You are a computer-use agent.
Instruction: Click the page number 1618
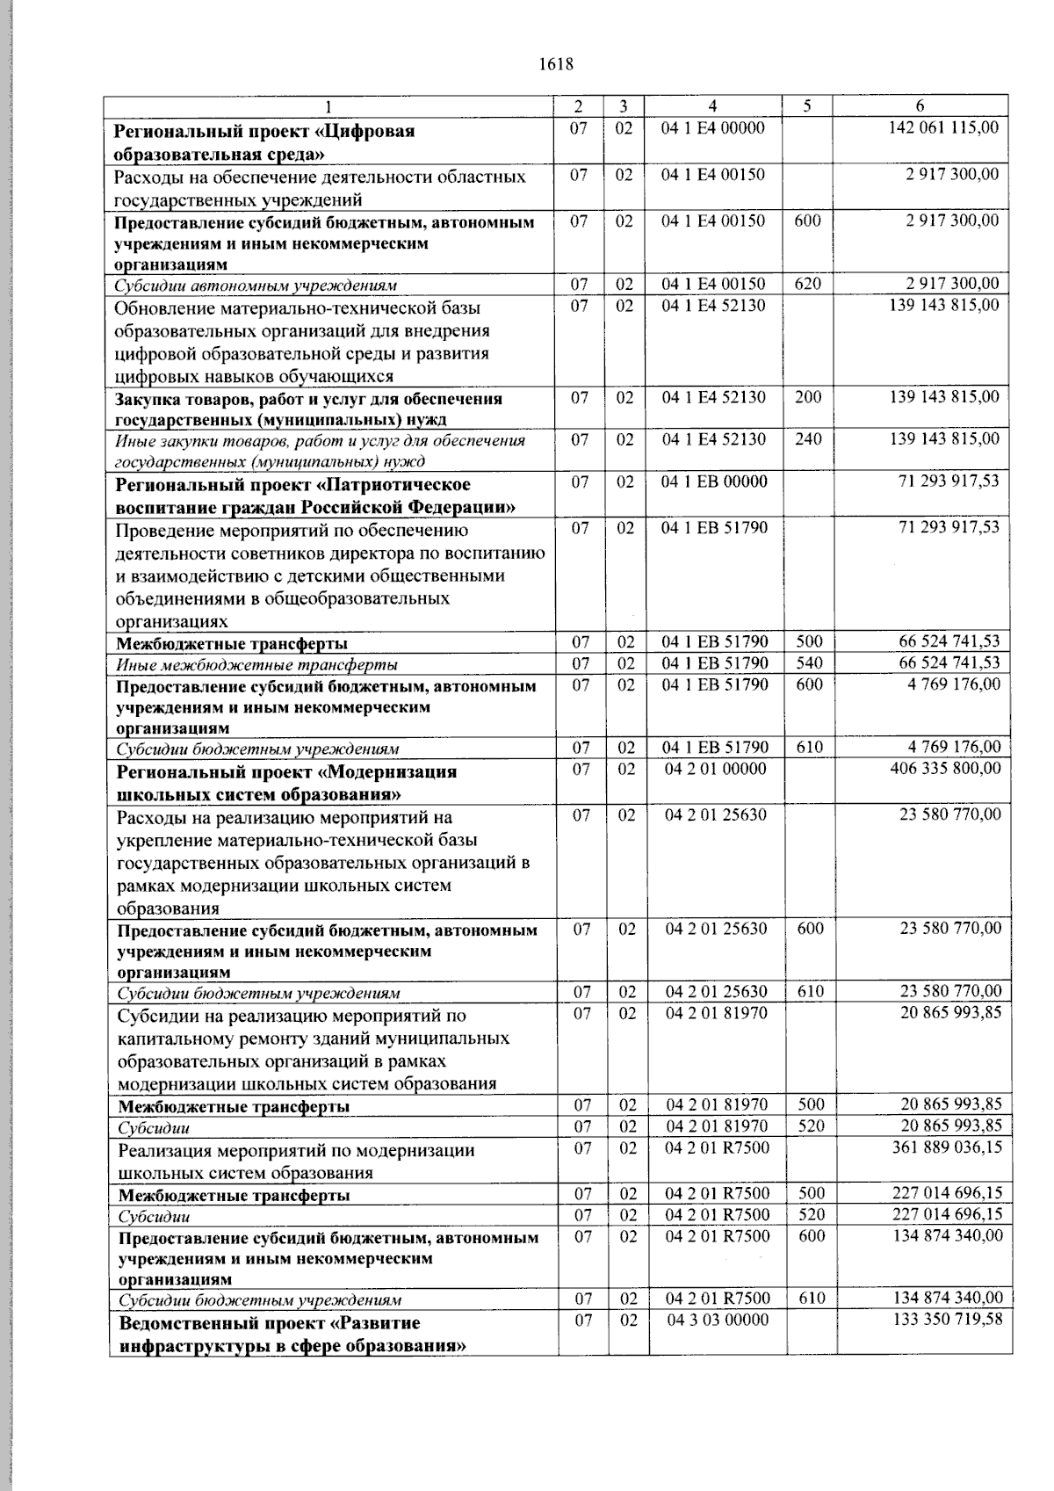[x=554, y=64]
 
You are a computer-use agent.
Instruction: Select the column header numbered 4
[x=712, y=106]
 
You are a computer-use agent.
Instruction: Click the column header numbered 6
[x=920, y=106]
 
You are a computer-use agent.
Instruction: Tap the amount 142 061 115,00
[x=943, y=128]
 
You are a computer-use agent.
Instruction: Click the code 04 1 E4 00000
[x=712, y=128]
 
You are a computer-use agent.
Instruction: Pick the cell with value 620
[x=807, y=284]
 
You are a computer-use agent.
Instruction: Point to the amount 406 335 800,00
[x=945, y=770]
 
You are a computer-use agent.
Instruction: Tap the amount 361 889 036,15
[x=946, y=1147]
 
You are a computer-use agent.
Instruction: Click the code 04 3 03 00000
[x=718, y=1321]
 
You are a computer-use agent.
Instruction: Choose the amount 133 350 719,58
[x=946, y=1321]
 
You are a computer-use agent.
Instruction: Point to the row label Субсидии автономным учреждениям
[x=256, y=286]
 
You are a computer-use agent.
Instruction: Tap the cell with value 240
[x=807, y=439]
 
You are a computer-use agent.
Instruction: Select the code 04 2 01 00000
[x=716, y=770]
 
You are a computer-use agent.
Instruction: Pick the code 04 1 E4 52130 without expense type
[x=713, y=306]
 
